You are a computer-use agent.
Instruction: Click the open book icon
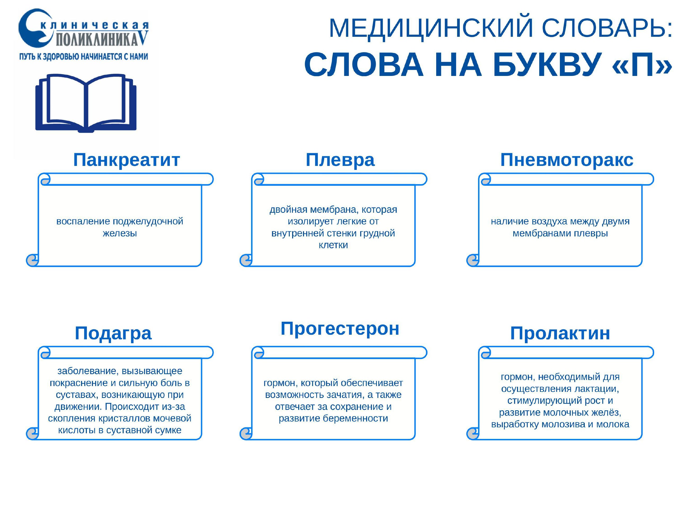86,103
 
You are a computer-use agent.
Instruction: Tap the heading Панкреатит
126,160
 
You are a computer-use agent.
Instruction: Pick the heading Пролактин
560,333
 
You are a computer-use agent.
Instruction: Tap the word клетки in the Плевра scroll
333,245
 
